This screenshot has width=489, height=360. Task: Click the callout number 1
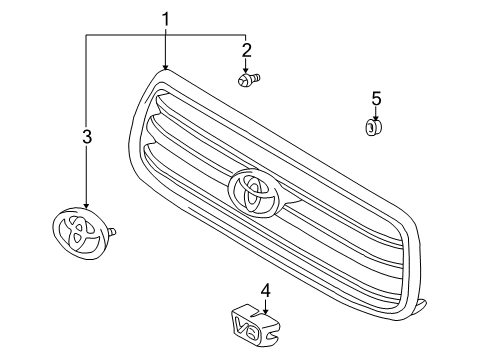(166, 18)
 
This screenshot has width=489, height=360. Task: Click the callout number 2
(246, 48)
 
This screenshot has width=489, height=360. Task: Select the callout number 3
(87, 136)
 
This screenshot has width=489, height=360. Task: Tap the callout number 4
(265, 291)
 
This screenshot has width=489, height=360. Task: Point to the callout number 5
(376, 98)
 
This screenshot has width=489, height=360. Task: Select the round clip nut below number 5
(373, 127)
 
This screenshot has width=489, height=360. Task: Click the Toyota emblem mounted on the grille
(257, 193)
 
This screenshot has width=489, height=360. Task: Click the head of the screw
(243, 78)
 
